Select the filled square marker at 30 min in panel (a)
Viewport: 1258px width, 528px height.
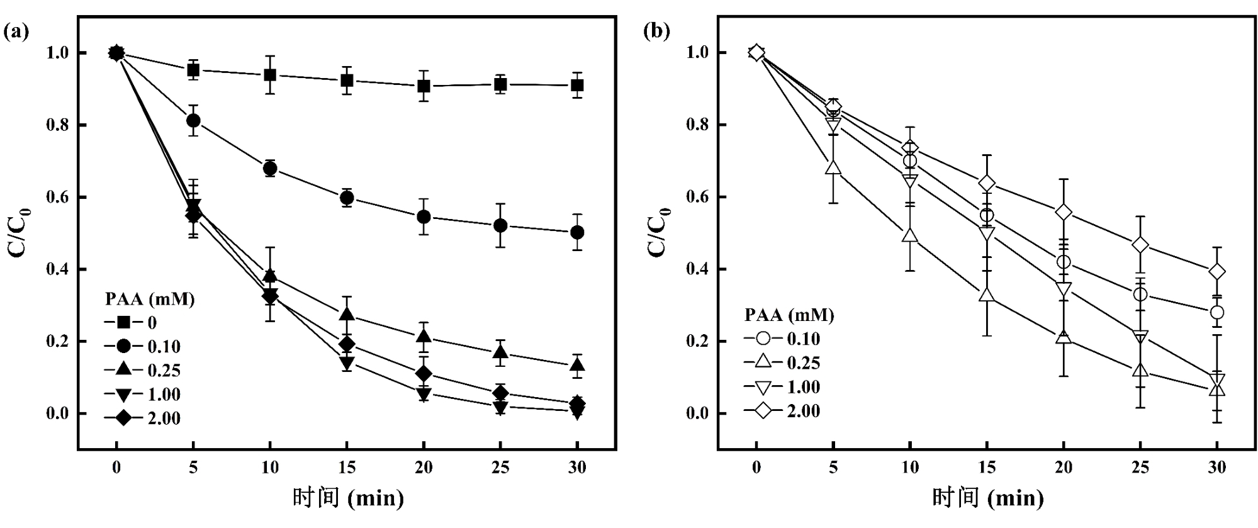(577, 86)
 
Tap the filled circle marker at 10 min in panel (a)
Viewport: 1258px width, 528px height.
(270, 169)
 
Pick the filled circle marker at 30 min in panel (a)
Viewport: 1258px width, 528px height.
(577, 232)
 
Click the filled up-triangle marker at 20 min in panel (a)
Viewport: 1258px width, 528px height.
(424, 336)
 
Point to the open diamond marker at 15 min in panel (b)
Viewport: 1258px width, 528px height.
(987, 184)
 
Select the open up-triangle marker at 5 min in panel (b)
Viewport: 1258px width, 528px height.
(833, 167)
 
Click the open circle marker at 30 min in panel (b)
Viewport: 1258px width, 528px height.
(1217, 312)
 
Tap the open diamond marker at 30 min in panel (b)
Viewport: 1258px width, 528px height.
(1217, 272)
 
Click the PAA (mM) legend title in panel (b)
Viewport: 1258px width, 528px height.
(789, 315)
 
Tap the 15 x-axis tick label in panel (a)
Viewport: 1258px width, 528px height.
(347, 468)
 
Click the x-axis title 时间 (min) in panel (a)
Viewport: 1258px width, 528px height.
(347, 498)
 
